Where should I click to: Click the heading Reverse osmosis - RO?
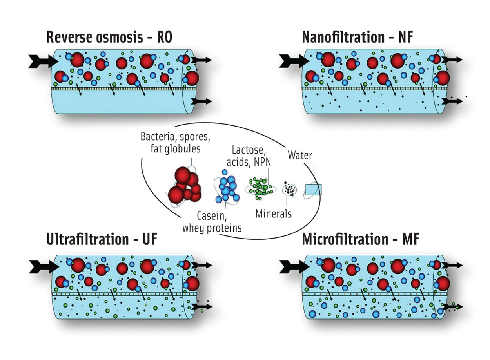109,37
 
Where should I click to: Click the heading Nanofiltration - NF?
357,37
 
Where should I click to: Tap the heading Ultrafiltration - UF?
102,239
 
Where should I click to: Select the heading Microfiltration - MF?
360,239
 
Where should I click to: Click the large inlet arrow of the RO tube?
42,62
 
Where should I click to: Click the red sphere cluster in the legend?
184,184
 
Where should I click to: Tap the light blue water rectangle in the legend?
313,190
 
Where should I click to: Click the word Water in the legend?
300,156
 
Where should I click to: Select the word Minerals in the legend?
273,214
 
